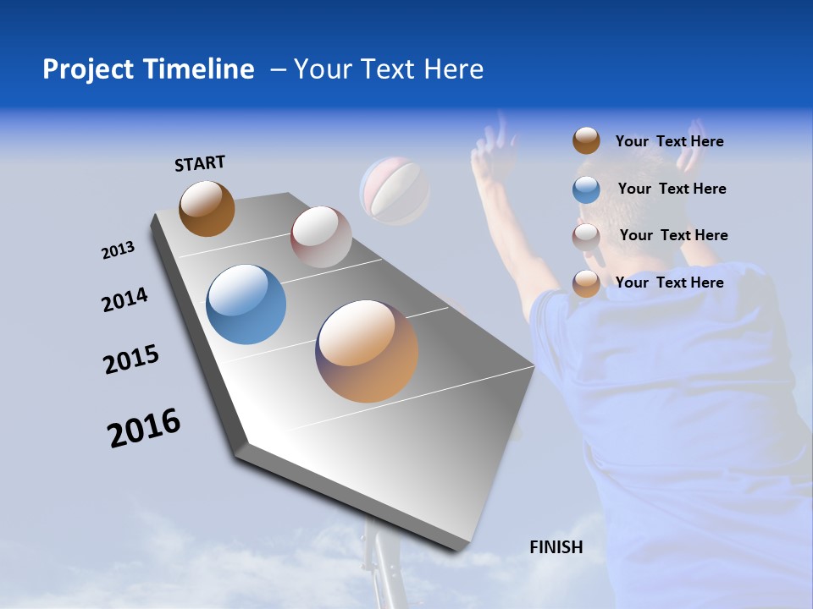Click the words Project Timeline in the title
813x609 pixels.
click(x=148, y=69)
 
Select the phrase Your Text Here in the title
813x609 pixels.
click(x=389, y=69)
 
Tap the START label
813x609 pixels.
click(x=200, y=163)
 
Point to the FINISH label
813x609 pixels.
click(x=556, y=547)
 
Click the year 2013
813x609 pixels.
click(x=118, y=250)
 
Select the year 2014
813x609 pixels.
click(x=124, y=299)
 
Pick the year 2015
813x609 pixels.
click(x=131, y=359)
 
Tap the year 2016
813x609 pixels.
click(x=144, y=427)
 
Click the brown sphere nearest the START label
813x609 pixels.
click(x=207, y=208)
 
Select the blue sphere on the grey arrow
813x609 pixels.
click(x=246, y=304)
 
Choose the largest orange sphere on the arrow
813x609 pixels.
click(x=367, y=351)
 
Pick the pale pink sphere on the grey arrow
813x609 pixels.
click(x=321, y=237)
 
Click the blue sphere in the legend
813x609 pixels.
click(x=586, y=189)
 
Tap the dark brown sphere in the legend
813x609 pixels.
click(x=586, y=141)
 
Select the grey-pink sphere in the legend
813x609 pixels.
click(x=586, y=236)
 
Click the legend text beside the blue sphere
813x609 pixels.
click(x=672, y=189)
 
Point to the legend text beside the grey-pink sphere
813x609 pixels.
click(x=673, y=235)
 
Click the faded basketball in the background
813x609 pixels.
click(x=395, y=191)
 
